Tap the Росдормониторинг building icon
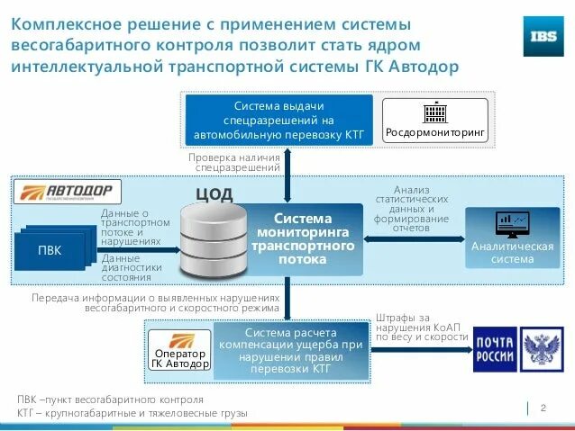click(435, 113)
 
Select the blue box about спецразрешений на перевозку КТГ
click(279, 120)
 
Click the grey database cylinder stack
click(213, 241)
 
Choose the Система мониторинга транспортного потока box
click(304, 239)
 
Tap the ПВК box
click(50, 250)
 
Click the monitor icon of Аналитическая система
click(512, 223)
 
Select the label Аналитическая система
click(512, 253)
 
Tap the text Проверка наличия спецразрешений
click(233, 162)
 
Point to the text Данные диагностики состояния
click(132, 267)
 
